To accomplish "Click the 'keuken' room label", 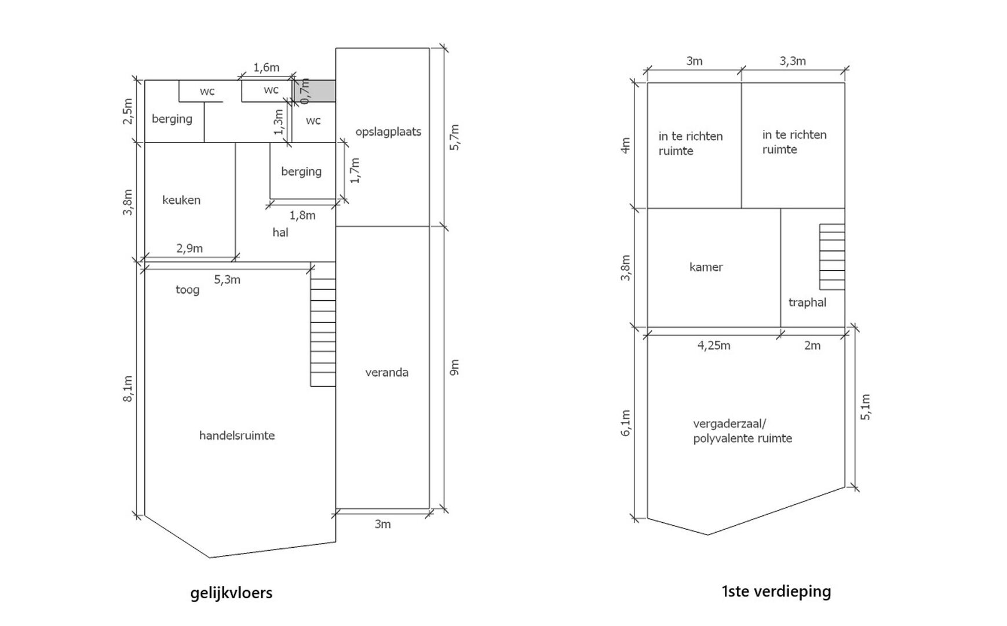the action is [x=181, y=200].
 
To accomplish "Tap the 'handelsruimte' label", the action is [x=237, y=435].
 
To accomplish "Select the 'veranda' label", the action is [x=386, y=372].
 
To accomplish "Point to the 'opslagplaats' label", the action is [x=388, y=132].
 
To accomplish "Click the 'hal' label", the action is [x=280, y=232].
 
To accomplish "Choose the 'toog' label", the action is [x=187, y=290].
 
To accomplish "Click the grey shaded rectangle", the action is [x=314, y=91].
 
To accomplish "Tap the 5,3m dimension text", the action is [x=227, y=280].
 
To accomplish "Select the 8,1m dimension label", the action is [x=128, y=388].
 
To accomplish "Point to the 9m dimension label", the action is [x=454, y=367].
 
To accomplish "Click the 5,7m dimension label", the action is [x=454, y=137].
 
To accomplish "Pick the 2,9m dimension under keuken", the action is [x=189, y=249].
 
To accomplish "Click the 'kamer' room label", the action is [x=706, y=267].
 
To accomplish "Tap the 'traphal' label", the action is [x=807, y=303].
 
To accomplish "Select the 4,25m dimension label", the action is [x=714, y=346].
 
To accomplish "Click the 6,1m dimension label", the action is [x=625, y=423].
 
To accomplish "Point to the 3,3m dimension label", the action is [x=793, y=61].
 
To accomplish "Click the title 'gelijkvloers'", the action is [x=231, y=593].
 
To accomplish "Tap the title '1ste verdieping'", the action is [x=776, y=591].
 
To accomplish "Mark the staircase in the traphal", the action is [x=832, y=257].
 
